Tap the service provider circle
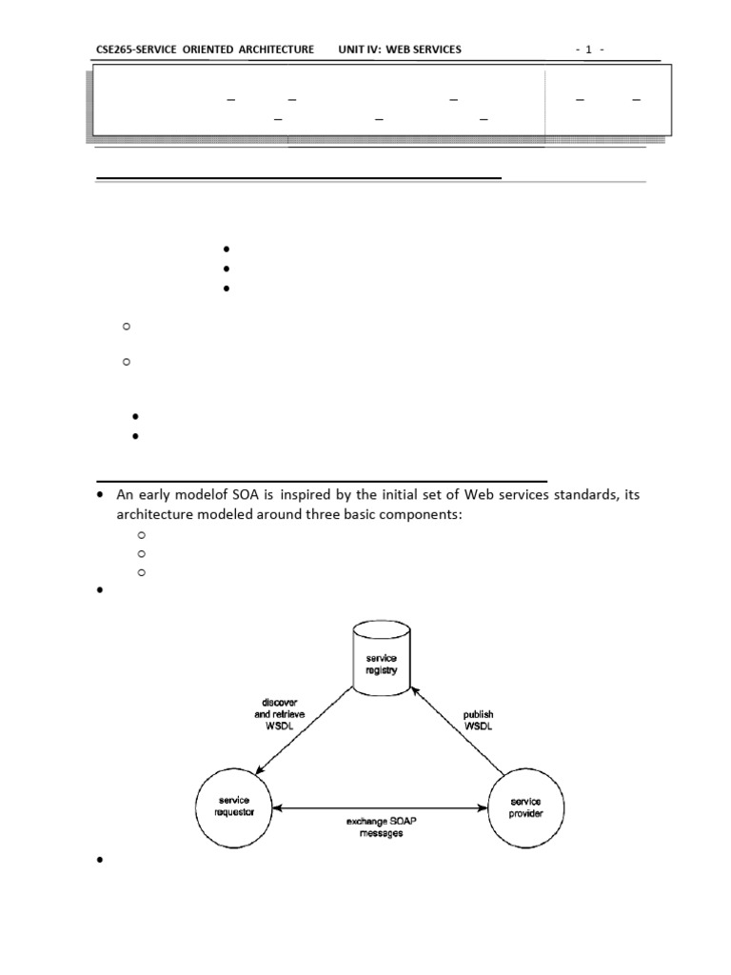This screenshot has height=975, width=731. pyautogui.click(x=525, y=809)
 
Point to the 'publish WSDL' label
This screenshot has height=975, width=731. pyautogui.click(x=478, y=721)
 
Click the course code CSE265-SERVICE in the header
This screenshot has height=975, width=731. pyautogui.click(x=137, y=49)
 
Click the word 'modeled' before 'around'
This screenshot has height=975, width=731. pyautogui.click(x=225, y=514)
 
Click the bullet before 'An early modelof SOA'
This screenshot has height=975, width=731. pyautogui.click(x=101, y=496)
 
